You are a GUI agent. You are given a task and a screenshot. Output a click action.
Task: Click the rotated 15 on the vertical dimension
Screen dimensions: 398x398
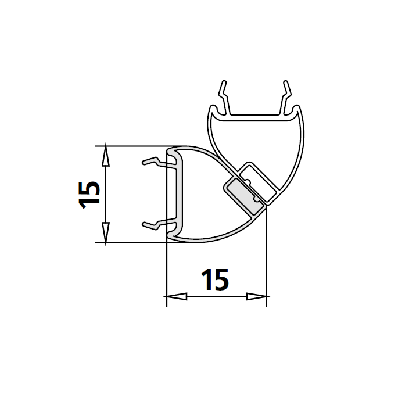89,194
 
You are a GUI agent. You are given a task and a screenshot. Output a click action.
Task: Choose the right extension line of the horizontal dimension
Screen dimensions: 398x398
267,256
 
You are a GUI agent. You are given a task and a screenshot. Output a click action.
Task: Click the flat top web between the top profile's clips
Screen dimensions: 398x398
256,115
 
